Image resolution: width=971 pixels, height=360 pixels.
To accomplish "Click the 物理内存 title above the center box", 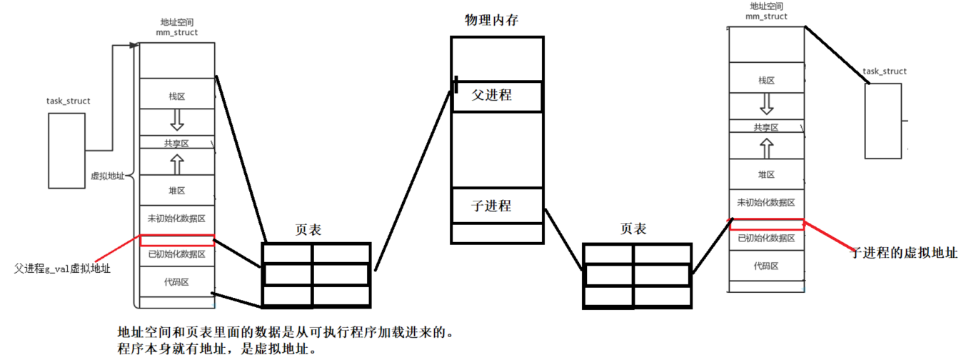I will tap(491, 20).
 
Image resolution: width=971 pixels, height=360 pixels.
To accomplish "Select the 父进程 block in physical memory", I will tap(492, 94).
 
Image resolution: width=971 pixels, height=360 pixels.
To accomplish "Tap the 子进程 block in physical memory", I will tap(492, 206).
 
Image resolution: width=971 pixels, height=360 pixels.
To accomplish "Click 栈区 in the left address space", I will tap(176, 96).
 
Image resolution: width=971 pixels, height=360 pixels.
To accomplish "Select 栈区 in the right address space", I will tap(766, 80).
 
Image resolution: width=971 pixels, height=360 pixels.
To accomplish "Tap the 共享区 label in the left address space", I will tap(176, 143).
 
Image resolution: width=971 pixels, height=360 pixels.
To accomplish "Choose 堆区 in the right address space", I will tap(766, 174).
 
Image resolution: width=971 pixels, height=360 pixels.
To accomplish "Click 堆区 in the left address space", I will tap(176, 191).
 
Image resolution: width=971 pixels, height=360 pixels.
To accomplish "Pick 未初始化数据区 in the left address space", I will tap(176, 218).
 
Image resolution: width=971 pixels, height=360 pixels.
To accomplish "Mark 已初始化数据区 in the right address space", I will tap(766, 239).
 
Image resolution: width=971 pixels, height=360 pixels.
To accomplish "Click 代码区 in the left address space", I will tap(176, 282).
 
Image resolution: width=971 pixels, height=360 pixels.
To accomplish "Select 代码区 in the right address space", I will tap(766, 266).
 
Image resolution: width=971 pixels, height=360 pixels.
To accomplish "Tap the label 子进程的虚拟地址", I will tap(902, 252).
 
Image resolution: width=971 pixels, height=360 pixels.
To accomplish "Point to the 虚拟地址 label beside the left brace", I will tap(107, 175).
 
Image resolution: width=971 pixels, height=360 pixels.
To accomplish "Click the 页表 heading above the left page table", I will tap(308, 230).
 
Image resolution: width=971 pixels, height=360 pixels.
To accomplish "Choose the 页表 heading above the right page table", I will tap(633, 229).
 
